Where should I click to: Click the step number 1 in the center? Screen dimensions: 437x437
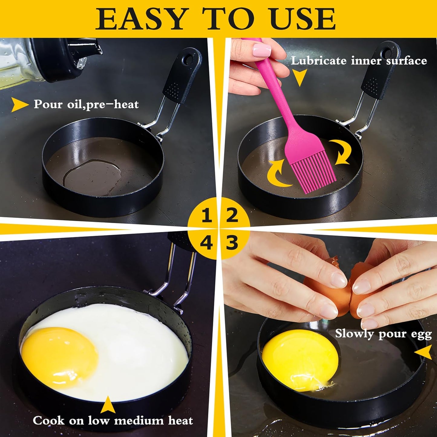tap(207, 216)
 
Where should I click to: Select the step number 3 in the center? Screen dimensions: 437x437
tap(232, 243)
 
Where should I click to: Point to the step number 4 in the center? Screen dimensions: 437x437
tap(206, 243)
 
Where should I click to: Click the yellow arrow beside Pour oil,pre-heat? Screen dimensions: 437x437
tap(19, 105)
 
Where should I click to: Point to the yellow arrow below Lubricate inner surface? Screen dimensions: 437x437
tap(300, 77)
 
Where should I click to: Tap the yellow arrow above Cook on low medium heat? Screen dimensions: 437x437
tap(108, 405)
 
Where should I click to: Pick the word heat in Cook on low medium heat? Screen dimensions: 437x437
tap(180, 421)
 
